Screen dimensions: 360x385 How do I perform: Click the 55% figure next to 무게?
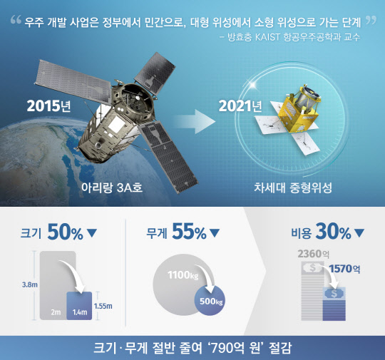pos(189,232)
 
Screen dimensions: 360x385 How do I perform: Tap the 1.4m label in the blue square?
pos(80,312)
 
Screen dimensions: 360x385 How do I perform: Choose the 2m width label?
pos(54,312)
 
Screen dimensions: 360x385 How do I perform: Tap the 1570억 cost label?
pos(346,269)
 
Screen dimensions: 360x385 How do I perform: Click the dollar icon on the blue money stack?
pos(332,293)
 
